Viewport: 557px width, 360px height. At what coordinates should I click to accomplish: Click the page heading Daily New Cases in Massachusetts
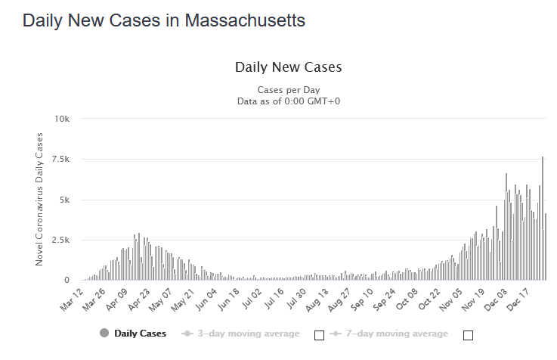click(164, 20)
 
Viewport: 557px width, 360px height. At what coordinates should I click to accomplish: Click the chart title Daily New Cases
click(289, 67)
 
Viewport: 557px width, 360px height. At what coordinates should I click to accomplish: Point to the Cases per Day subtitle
click(289, 89)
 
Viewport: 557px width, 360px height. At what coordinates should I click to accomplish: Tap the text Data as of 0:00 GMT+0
click(289, 101)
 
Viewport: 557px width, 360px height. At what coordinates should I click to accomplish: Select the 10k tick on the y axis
click(61, 119)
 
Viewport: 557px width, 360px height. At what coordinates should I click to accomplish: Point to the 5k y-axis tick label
click(64, 200)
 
